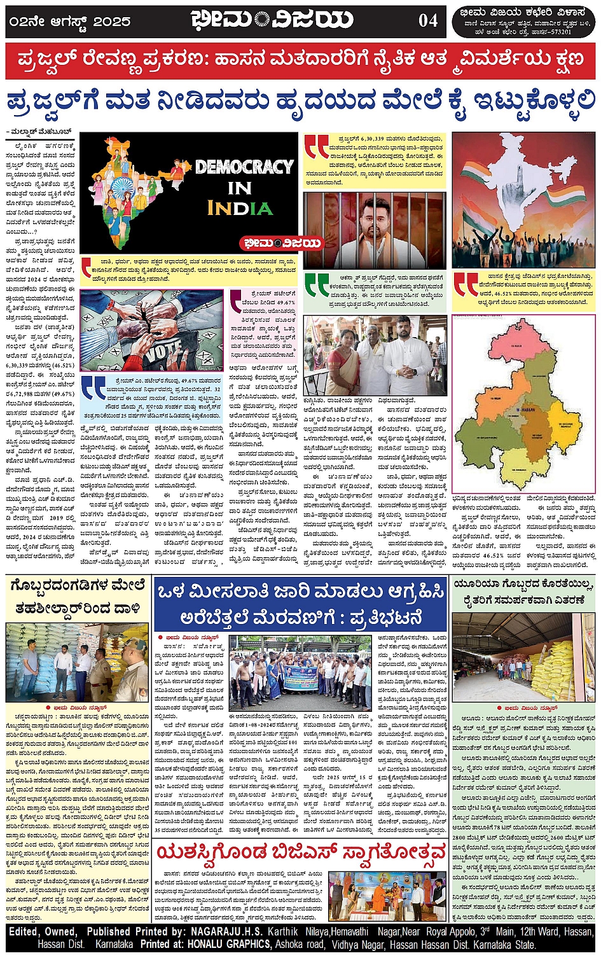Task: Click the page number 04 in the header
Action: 428,20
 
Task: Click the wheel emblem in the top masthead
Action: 262,20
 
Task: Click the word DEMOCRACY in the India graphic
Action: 244,167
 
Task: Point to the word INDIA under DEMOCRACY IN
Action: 240,208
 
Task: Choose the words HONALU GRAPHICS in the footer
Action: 222,945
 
